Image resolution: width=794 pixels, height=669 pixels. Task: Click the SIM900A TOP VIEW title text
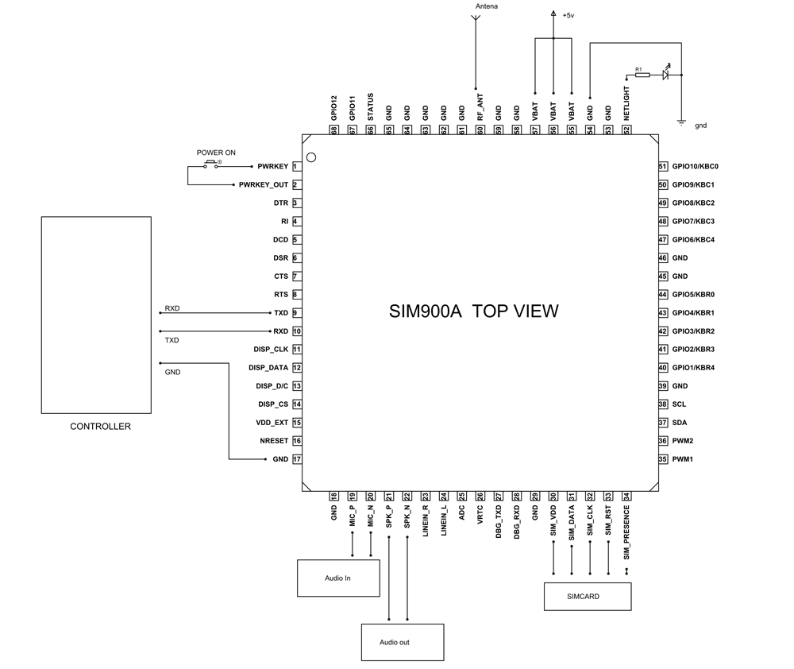(473, 311)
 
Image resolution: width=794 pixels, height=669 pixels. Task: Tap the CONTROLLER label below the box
(100, 427)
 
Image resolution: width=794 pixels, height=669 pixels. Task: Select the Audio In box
(337, 578)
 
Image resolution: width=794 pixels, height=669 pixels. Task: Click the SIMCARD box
(588, 596)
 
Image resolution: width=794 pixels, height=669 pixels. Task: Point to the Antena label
(488, 7)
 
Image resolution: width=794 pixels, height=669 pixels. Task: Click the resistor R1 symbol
(642, 75)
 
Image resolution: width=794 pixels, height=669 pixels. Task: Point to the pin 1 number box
(295, 167)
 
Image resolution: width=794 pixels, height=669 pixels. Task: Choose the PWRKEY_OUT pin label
(264, 185)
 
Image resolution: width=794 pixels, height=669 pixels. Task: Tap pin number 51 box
(662, 167)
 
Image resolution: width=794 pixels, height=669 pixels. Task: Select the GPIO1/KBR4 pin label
(693, 368)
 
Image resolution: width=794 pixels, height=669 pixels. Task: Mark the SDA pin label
(679, 423)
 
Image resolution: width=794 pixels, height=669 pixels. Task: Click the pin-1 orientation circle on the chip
(311, 157)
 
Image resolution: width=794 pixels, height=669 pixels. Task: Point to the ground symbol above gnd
(681, 121)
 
